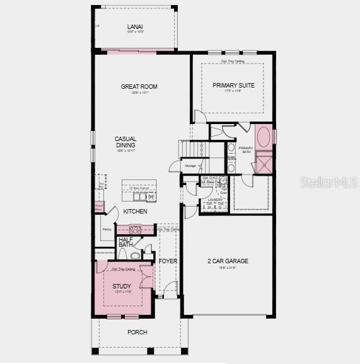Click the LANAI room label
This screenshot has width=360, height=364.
click(x=135, y=26)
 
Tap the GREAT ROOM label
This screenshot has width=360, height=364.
click(x=139, y=86)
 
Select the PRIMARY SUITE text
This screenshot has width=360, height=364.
click(x=233, y=85)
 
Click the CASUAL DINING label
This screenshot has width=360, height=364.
click(x=125, y=142)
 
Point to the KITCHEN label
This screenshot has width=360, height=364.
click(x=135, y=212)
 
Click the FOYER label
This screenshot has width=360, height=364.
click(x=167, y=261)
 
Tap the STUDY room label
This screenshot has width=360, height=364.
click(x=122, y=287)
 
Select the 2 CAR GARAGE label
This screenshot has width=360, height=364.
click(x=228, y=261)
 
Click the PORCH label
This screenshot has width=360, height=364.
click(x=137, y=332)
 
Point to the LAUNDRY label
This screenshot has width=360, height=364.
click(x=211, y=200)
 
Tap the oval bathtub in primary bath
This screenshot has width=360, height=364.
click(x=264, y=137)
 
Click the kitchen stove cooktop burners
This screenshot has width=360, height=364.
click(x=135, y=230)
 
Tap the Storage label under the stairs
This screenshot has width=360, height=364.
click(x=190, y=166)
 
